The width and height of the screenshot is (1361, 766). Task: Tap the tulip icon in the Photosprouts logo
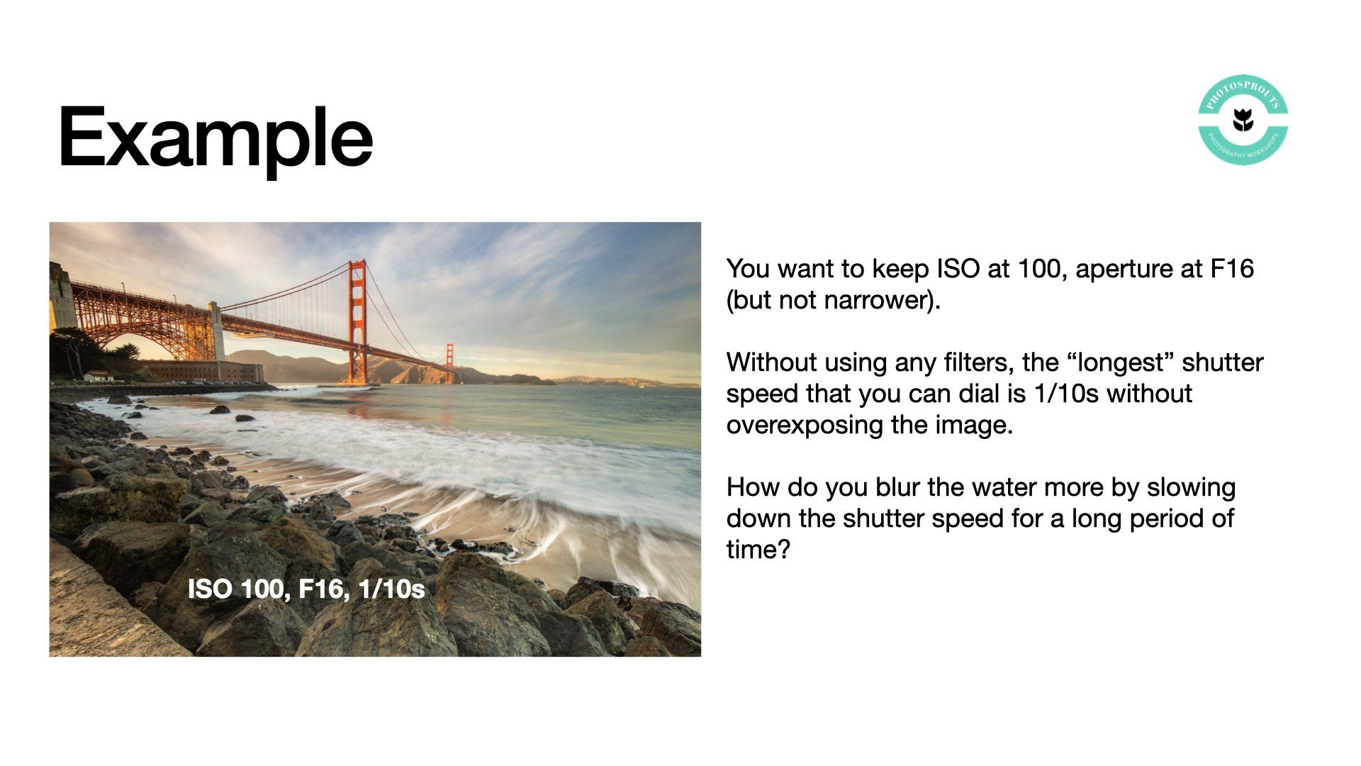(1243, 120)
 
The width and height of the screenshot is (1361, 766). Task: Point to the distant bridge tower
(449, 363)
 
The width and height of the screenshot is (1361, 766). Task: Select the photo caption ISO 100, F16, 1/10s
(306, 589)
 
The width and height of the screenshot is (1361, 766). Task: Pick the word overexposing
(798, 425)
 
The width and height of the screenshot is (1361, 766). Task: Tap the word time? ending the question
(758, 550)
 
